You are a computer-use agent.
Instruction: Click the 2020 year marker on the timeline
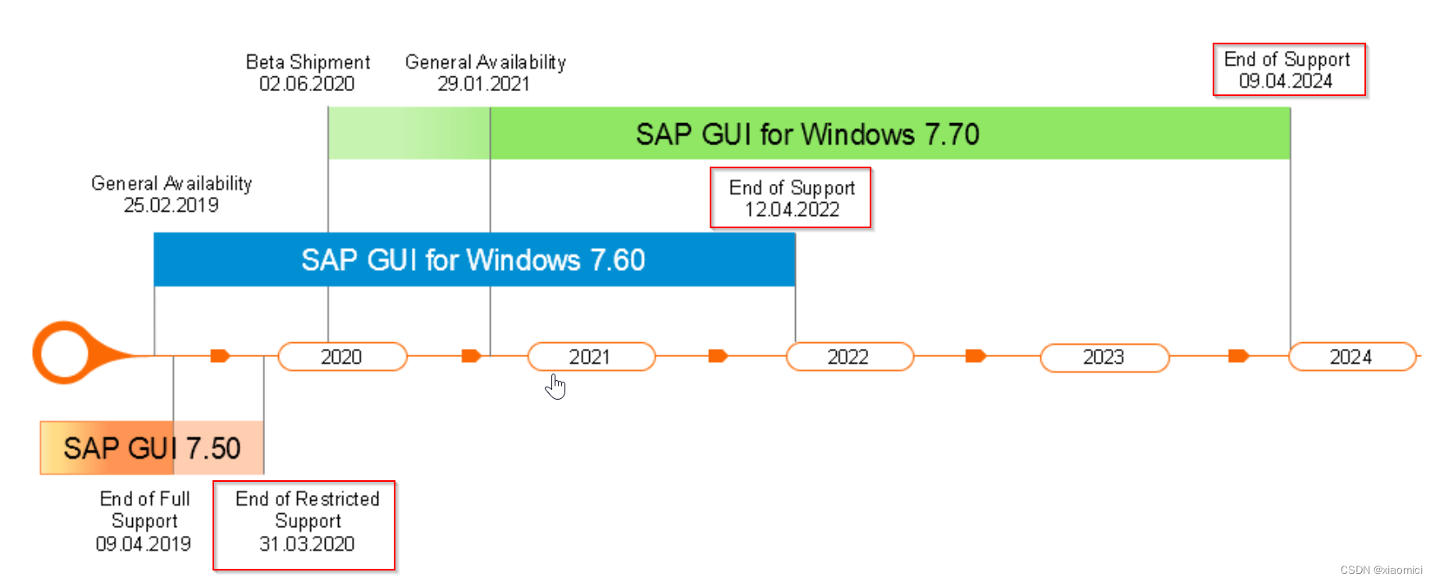(342, 357)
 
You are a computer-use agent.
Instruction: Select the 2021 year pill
(591, 357)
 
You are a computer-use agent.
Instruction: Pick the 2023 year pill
(1104, 357)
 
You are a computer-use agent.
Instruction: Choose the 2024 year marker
(1351, 357)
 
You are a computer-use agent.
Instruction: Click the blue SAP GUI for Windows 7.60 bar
(473, 260)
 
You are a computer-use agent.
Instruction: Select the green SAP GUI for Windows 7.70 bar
(807, 134)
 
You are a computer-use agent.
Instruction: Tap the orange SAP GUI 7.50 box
(152, 448)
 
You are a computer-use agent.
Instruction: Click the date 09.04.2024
(1286, 81)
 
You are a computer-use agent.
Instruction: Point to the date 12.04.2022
(792, 209)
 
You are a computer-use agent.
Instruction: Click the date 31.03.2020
(307, 543)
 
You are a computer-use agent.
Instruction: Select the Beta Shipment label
(308, 62)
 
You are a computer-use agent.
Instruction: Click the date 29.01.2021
(483, 84)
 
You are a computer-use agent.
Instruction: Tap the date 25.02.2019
(171, 205)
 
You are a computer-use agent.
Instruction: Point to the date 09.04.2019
(143, 543)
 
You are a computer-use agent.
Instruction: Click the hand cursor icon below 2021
(555, 386)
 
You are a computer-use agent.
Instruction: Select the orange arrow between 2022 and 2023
(975, 355)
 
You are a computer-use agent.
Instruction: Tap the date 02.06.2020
(307, 84)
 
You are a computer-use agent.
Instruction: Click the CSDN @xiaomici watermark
(1381, 570)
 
